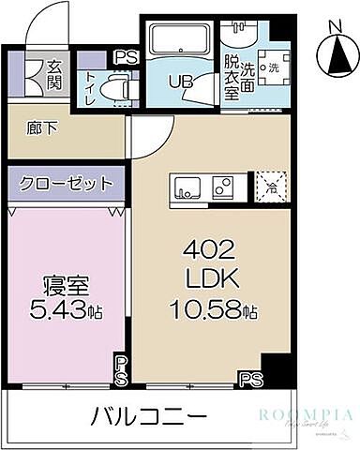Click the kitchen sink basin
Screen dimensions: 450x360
pyautogui.click(x=185, y=184)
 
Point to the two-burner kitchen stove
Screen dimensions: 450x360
pyautogui.click(x=222, y=184)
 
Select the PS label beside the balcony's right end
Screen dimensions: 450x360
pyautogui.click(x=250, y=378)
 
